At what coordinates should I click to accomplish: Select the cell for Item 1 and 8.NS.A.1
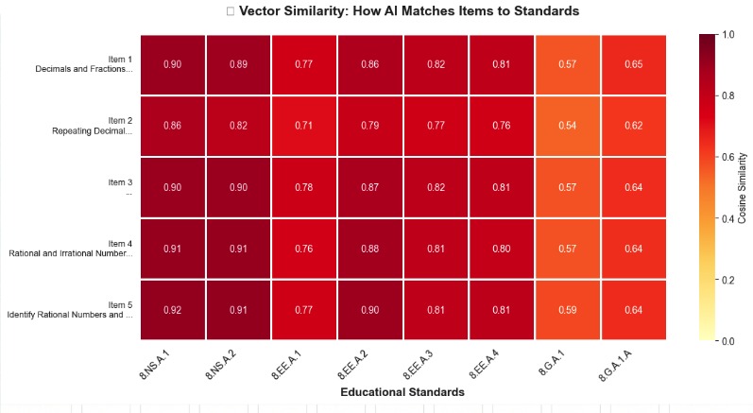click(173, 64)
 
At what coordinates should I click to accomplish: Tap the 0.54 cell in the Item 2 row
click(568, 126)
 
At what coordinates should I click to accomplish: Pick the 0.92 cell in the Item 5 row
click(173, 309)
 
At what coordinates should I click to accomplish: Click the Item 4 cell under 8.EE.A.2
click(370, 249)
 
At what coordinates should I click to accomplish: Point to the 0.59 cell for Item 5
click(568, 309)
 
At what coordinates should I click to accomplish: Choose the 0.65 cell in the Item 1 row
click(634, 64)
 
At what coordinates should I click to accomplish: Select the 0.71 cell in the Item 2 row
click(304, 126)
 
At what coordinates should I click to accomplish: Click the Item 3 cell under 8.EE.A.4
click(502, 187)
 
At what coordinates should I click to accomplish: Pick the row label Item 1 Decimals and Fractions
click(85, 64)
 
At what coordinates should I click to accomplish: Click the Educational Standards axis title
click(403, 391)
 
